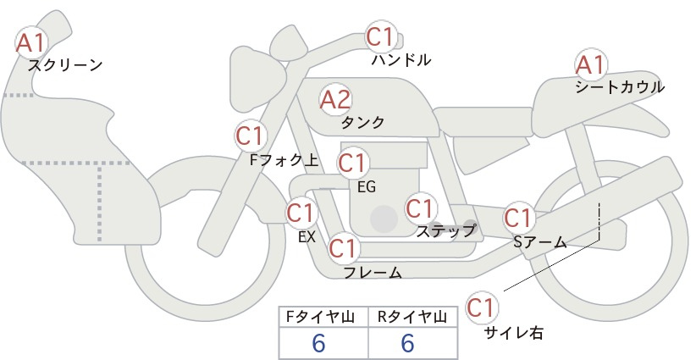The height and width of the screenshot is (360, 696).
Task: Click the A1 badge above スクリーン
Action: tap(30, 43)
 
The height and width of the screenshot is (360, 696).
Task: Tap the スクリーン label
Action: tap(65, 66)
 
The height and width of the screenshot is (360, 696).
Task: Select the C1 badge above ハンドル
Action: tap(381, 36)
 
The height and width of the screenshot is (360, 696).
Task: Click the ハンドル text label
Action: tap(401, 59)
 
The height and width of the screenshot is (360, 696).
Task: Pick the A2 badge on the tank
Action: tap(335, 100)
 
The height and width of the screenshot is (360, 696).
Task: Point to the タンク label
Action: tap(362, 122)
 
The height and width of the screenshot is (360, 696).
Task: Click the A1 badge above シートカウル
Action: tap(590, 65)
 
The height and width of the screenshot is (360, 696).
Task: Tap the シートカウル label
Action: tap(620, 87)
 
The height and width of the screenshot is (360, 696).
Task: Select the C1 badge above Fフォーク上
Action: tap(251, 136)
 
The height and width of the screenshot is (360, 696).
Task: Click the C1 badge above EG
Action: tap(353, 163)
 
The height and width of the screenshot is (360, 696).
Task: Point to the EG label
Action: tap(367, 187)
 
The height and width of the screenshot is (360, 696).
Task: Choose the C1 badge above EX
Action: tap(301, 213)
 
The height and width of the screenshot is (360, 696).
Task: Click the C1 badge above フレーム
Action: tap(344, 247)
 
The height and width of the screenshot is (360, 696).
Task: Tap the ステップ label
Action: tap(445, 231)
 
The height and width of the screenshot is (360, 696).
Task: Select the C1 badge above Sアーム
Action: tap(518, 218)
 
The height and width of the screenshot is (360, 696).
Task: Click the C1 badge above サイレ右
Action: tap(482, 307)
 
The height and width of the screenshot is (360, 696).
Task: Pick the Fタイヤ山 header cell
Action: tap(323, 317)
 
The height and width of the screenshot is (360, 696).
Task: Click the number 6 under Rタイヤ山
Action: tap(407, 343)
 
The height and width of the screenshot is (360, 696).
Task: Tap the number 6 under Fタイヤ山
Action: tap(318, 343)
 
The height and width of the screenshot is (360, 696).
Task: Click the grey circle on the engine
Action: tap(384, 219)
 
